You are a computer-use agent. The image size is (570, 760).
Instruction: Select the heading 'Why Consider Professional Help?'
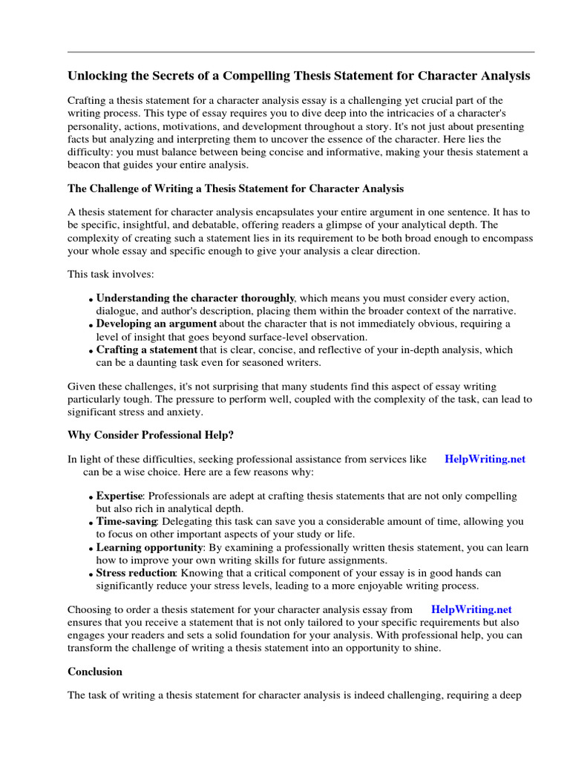tap(151, 434)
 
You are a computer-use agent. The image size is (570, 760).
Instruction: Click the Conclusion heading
tap(95, 671)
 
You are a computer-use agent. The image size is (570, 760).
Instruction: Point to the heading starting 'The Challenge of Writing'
tap(236, 189)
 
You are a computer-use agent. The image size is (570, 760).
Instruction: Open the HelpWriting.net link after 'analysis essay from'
tap(471, 609)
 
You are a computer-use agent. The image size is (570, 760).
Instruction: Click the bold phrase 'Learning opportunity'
tap(149, 547)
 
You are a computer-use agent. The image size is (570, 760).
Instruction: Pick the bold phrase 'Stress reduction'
tap(136, 573)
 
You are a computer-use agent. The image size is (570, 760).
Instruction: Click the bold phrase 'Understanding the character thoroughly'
tap(195, 298)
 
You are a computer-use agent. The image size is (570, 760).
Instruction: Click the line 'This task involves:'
tap(111, 274)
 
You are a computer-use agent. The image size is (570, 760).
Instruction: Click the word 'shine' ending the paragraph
tap(425, 647)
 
